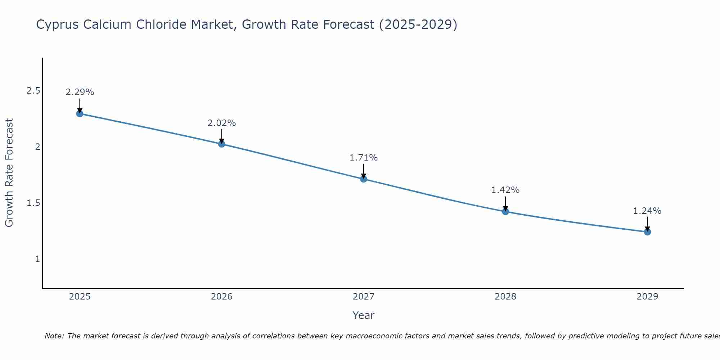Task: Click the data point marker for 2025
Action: (x=80, y=114)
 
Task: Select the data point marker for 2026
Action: (x=222, y=144)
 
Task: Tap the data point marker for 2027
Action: (x=364, y=179)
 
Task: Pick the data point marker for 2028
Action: (x=505, y=212)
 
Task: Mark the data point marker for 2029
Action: (x=647, y=232)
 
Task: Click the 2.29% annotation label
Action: (x=80, y=92)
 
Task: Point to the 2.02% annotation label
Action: (x=222, y=123)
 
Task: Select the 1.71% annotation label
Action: (x=364, y=158)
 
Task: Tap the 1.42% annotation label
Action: (x=505, y=190)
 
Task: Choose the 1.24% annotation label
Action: (x=647, y=211)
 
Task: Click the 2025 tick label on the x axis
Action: (x=80, y=297)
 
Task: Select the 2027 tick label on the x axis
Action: (x=364, y=297)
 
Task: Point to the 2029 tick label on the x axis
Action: (x=647, y=297)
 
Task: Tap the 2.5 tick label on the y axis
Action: (x=33, y=91)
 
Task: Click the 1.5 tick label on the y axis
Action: (x=33, y=203)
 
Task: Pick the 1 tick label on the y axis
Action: (x=37, y=259)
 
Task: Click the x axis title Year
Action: (x=364, y=315)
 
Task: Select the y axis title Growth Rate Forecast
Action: (x=9, y=173)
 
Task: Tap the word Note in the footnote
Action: (x=54, y=336)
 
